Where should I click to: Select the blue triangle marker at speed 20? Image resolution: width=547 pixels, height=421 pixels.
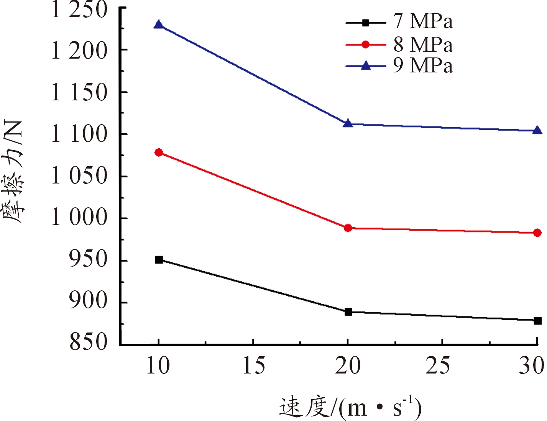pos(348,123)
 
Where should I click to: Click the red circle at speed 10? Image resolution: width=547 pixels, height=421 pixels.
pos(159,152)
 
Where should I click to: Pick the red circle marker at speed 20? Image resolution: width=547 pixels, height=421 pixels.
pos(348,228)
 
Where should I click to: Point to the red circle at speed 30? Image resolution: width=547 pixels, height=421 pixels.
pos(537,233)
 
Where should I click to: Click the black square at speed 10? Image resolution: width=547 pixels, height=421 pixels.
pos(159,260)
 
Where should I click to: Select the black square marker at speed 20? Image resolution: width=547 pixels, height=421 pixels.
pos(348,312)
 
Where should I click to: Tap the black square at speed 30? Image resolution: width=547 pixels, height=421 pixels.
pos(537,321)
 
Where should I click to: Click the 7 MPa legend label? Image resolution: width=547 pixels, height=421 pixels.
pos(423,21)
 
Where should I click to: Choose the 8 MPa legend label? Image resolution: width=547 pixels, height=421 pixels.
pos(423,44)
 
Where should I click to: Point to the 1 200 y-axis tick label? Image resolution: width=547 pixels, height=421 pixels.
pos(79,51)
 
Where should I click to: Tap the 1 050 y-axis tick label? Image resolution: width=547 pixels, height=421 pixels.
pos(79,177)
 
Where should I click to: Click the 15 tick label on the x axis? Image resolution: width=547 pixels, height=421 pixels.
pos(254,366)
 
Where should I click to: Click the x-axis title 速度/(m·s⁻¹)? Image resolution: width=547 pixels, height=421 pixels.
pos(350,408)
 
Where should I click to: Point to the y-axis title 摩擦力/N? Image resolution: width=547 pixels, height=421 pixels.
pos(15,172)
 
